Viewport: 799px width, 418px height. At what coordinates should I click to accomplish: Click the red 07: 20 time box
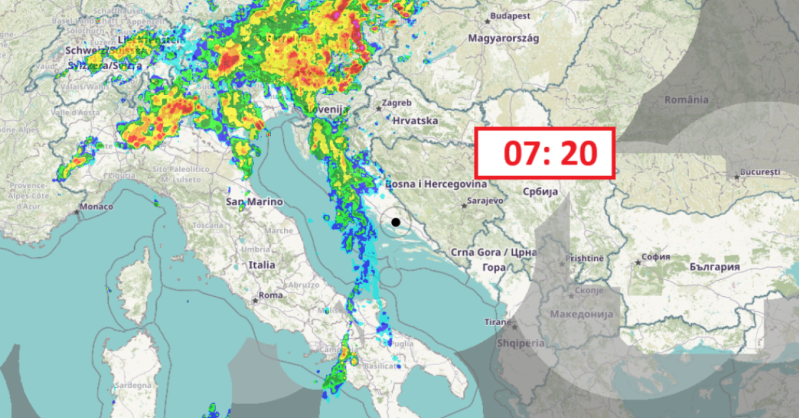pos(545,153)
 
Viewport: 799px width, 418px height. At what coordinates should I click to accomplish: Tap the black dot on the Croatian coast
pos(396,222)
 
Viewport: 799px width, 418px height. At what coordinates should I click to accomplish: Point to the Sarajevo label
pos(486,201)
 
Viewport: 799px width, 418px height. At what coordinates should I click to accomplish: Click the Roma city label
pos(270,295)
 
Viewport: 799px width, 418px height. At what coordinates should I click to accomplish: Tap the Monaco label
pos(96,207)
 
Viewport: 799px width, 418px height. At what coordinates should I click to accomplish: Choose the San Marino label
pos(254,202)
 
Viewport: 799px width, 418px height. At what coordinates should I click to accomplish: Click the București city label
pos(760,171)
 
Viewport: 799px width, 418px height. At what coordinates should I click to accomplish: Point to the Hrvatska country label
pos(415,120)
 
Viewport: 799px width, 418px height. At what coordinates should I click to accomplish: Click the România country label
pos(686,100)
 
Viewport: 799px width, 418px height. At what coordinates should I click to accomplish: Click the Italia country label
pos(262,265)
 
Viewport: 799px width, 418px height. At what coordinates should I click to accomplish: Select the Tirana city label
pos(498,322)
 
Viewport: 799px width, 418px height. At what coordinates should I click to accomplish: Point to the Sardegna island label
pos(133,385)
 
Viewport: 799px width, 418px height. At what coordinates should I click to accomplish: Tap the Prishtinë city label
pos(584,258)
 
